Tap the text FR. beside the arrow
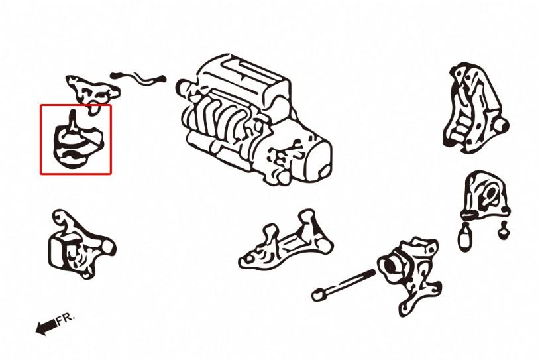click(66, 318)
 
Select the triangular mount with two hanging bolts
click(487, 199)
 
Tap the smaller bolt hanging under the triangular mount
click(504, 231)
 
